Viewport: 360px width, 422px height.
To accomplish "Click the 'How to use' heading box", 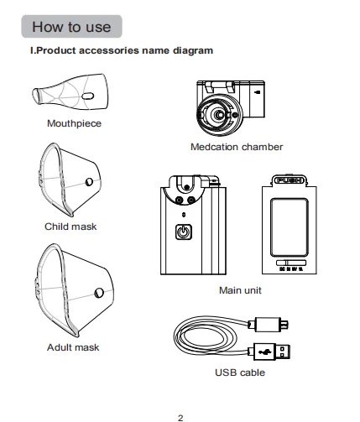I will pyautogui.click(x=71, y=27).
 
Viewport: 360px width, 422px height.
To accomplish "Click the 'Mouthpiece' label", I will pyautogui.click(x=74, y=123).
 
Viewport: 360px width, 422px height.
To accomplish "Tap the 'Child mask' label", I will pyautogui.click(x=70, y=227).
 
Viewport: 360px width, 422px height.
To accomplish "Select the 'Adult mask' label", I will pyautogui.click(x=73, y=347).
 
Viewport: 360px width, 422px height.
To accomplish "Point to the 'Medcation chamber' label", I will pyautogui.click(x=237, y=147).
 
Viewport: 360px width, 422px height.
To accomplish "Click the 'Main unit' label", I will pyautogui.click(x=240, y=290).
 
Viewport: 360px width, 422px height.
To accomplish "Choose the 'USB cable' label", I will pyautogui.click(x=240, y=373).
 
